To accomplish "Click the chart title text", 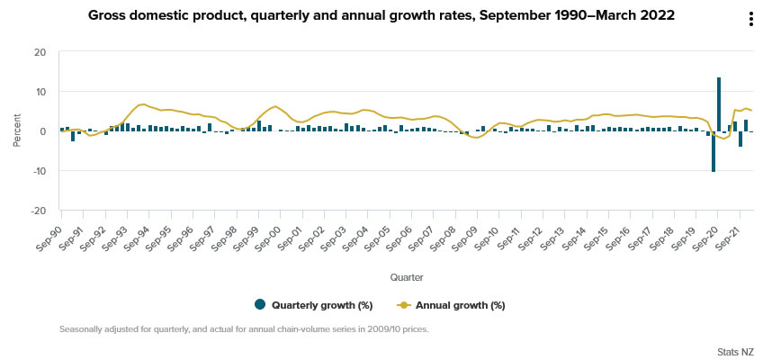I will [381, 16].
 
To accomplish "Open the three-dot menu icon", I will [750, 20].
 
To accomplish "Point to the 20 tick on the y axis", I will [40, 52].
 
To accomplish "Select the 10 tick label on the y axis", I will [40, 92].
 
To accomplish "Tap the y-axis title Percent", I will [17, 131].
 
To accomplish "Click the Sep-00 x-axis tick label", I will [267, 225].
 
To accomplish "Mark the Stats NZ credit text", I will [735, 350].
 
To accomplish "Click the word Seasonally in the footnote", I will [83, 329].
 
